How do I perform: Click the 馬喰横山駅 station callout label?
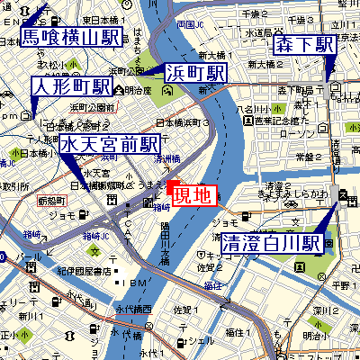[71, 37]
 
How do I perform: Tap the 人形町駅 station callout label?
[71, 86]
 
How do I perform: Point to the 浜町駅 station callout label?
[195, 73]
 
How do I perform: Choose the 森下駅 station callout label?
[305, 45]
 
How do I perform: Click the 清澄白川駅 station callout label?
[271, 243]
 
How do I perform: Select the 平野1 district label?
[337, 285]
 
